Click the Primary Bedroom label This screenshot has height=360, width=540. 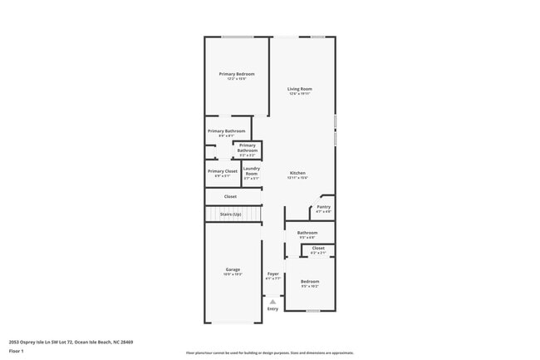pyautogui.click(x=237, y=75)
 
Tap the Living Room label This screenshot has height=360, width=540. pyautogui.click(x=299, y=89)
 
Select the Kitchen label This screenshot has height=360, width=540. pyautogui.click(x=298, y=173)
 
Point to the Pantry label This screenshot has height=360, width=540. pyautogui.click(x=324, y=207)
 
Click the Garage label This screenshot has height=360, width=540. pyautogui.click(x=233, y=269)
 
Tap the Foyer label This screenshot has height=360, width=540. pyautogui.click(x=272, y=274)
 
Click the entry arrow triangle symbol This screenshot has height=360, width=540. pyautogui.click(x=272, y=302)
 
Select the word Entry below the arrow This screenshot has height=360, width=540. pyautogui.click(x=272, y=309)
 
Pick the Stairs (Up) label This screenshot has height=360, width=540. pyautogui.click(x=231, y=215)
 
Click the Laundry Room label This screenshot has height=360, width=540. pyautogui.click(x=251, y=172)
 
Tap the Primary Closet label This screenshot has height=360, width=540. pyautogui.click(x=222, y=171)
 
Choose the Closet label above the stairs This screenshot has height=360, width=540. pyautogui.click(x=230, y=196)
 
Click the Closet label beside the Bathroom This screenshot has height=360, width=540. pyautogui.click(x=318, y=248)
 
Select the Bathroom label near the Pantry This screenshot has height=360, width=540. pyautogui.click(x=307, y=233)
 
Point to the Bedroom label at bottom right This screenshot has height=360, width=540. pyautogui.click(x=309, y=282)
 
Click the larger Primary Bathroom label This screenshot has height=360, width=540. pyautogui.click(x=226, y=131)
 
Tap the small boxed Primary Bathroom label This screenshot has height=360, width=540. pyautogui.click(x=248, y=148)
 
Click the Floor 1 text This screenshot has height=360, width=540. pyautogui.click(x=16, y=351)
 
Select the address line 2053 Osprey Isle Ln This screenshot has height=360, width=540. pyautogui.click(x=71, y=341)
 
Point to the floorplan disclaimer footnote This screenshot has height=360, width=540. pyautogui.click(x=269, y=353)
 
